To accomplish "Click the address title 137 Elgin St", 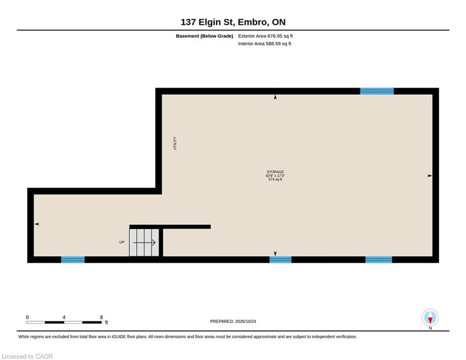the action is coord(233,22).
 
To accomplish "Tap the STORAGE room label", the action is coord(275,172).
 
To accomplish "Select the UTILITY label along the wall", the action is coord(175,143).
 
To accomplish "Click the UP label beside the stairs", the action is coord(122,242).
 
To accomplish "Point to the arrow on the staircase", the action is coord(144,243).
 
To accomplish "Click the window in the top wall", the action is coord(377,91).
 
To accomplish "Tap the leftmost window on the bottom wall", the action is coord(73,259).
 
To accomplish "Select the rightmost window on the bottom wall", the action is coord(378,259).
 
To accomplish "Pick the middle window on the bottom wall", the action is coord(281,259).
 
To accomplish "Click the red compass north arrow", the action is coord(430,320).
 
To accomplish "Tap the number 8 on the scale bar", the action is coord(101,317).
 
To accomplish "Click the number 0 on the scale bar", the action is coord(27,317).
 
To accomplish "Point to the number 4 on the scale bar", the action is coord(64,317).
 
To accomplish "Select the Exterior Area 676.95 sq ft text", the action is coord(266,36).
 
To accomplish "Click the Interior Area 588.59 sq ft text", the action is coord(265,44).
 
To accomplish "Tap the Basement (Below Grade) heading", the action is coord(205,36).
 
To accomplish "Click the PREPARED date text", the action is coord(233,321).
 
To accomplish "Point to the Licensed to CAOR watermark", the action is coord(27,356).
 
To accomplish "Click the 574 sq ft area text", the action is coord(275,180).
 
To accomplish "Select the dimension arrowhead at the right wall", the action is coord(430,176).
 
